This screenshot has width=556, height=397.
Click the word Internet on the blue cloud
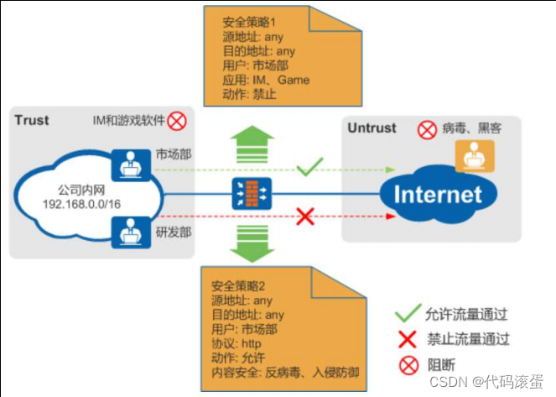pos(439,196)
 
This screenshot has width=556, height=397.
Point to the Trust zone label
pos(31,119)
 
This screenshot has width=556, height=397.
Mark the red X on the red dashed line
pos(306,217)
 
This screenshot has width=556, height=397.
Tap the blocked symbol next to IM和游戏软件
pos(177,123)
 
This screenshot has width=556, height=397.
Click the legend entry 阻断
pos(454,365)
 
